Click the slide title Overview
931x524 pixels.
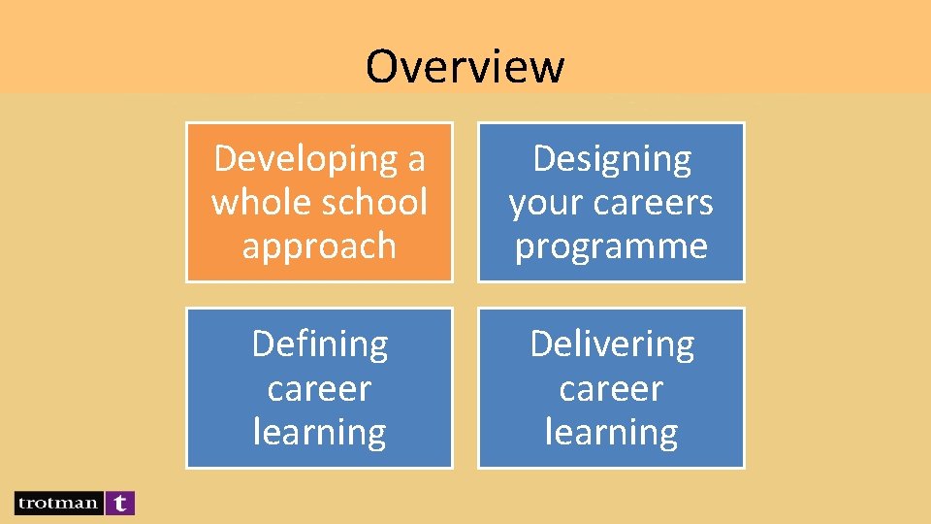465,66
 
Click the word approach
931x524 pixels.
319,246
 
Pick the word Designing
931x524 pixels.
612,159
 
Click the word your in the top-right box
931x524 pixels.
544,203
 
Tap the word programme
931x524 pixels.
611,246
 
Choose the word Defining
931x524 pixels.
319,344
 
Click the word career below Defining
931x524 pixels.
319,389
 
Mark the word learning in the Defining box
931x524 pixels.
319,433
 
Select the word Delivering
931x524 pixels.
612,344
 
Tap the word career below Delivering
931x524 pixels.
611,389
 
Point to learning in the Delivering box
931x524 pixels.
611,433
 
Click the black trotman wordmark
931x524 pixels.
58,503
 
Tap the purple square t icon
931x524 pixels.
120,503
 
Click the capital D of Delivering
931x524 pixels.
541,344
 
